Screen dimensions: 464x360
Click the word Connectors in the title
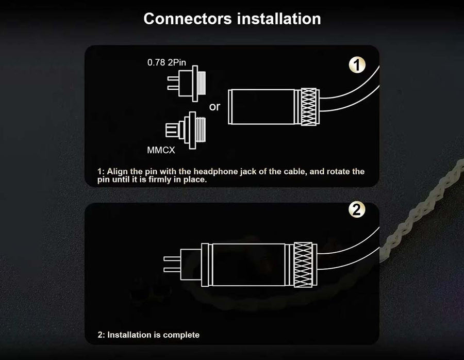188,19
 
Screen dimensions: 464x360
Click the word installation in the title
279,19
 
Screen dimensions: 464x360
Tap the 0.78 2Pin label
167,62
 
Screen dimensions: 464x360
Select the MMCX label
161,150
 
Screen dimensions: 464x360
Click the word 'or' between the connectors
214,107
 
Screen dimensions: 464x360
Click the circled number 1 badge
357,65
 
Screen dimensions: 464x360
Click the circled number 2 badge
357,209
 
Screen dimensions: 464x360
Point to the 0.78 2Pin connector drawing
187,84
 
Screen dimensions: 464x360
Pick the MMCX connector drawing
186,130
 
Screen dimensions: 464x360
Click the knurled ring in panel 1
309,107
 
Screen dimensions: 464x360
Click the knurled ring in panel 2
303,265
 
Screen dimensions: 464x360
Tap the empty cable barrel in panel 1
261,107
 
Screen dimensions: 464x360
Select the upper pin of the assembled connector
172,259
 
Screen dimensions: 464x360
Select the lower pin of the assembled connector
172,270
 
